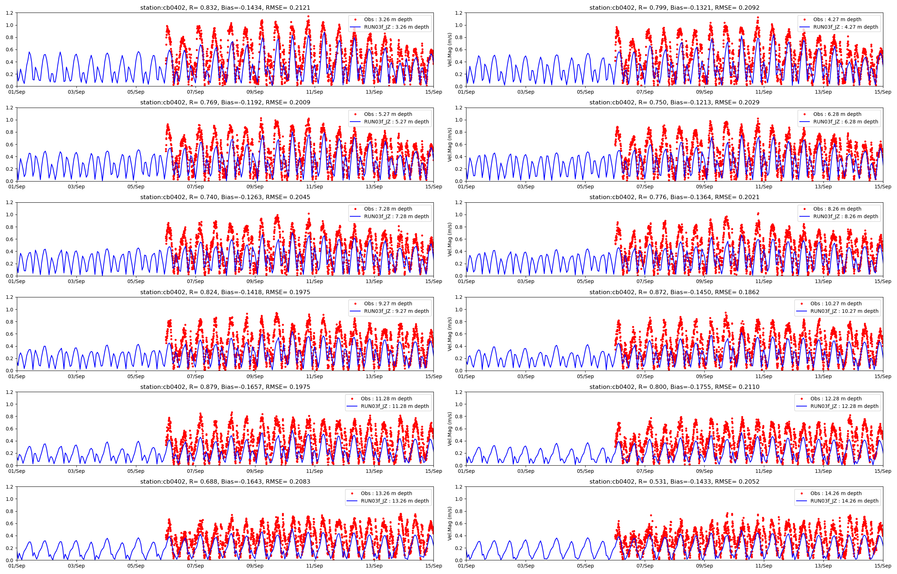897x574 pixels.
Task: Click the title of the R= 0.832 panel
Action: coord(225,8)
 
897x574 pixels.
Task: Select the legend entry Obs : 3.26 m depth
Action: coord(388,19)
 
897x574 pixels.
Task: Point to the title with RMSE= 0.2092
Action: coord(674,8)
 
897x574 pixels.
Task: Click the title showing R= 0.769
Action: coord(225,103)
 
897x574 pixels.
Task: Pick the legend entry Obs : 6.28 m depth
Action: coord(837,114)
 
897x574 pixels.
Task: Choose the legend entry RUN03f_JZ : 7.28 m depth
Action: coord(396,216)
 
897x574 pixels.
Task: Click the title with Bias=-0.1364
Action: coord(674,197)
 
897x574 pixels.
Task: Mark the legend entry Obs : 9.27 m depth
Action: coord(388,304)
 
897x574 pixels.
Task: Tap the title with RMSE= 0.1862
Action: coord(674,292)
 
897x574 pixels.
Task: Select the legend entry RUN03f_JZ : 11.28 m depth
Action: coord(395,406)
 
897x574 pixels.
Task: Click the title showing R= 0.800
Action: coord(674,387)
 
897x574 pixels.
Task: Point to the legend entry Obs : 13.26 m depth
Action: coord(386,493)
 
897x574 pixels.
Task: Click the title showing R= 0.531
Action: coord(674,481)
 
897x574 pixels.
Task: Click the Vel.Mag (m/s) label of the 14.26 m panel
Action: coord(450,523)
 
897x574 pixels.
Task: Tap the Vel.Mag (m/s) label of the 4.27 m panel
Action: coord(450,50)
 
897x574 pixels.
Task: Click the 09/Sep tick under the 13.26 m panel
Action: coord(255,566)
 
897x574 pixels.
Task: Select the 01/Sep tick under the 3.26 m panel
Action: coord(17,92)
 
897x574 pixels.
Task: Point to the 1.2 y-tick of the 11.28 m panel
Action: coord(9,392)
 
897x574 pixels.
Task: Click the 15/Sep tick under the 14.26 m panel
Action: coord(882,566)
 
